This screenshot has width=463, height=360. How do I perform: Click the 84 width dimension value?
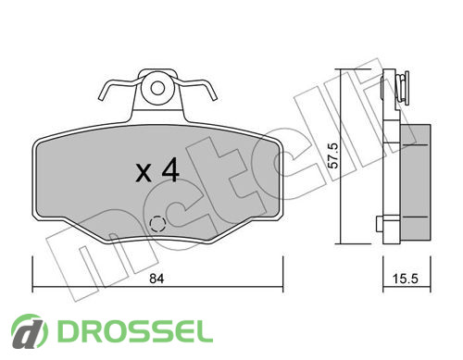156,279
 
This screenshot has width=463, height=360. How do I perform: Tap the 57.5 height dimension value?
333,155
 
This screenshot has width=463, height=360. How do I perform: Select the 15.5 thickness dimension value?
405,279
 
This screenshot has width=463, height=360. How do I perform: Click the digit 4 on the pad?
170,169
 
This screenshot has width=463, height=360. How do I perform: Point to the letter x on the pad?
144,173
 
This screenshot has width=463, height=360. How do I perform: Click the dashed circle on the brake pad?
157,223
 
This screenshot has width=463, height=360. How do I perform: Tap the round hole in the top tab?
157,89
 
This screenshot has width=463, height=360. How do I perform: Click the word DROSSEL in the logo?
135,331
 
